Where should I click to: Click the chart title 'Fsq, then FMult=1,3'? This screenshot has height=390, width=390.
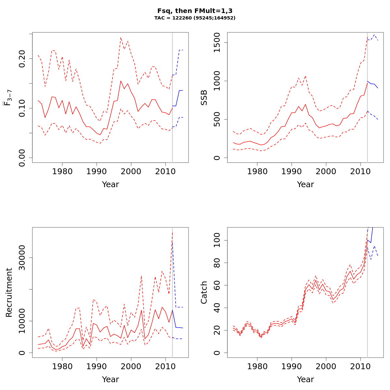click(x=195, y=11)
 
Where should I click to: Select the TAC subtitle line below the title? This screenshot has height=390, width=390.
click(x=195, y=18)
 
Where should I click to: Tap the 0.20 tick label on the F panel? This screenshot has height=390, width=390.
click(x=22, y=58)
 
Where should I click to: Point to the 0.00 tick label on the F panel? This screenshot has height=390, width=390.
click(x=22, y=158)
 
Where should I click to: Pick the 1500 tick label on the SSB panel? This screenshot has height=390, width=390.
click(x=217, y=43)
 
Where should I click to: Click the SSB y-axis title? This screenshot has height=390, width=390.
click(x=204, y=97)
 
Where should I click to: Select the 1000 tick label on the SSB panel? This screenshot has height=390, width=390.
click(x=217, y=81)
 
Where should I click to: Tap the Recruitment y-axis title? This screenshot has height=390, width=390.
click(x=9, y=292)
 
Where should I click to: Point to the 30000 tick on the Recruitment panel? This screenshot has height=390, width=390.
click(x=22, y=258)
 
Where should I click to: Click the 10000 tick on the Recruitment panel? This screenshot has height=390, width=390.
click(x=22, y=321)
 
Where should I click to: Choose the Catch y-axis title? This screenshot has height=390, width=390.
click(x=204, y=292)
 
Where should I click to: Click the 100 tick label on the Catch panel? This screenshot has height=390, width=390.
click(x=217, y=240)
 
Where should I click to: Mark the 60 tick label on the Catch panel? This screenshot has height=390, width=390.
click(x=217, y=285)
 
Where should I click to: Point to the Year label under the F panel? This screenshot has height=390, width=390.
click(x=110, y=185)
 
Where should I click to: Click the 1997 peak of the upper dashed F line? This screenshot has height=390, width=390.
click(x=121, y=37)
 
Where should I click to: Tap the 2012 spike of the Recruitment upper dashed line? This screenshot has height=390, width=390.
click(x=172, y=232)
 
